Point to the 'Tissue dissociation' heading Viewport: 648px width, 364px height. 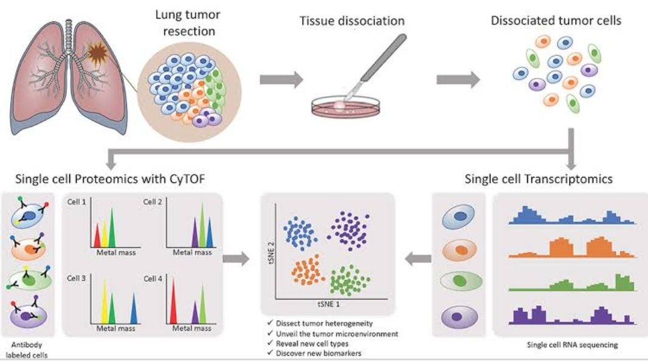(x=352, y=21)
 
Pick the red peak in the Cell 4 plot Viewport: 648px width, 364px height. (x=174, y=301)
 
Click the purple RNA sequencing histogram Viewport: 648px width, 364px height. (x=570, y=314)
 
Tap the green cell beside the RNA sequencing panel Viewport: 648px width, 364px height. (x=462, y=282)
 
